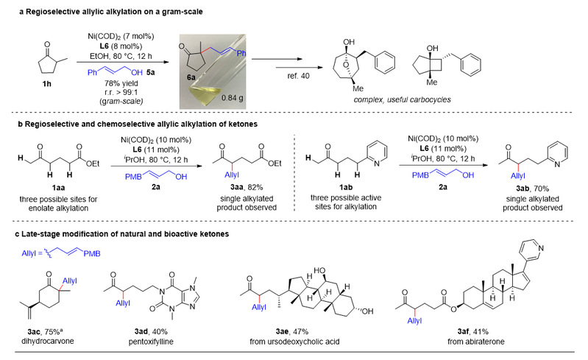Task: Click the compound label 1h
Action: pyautogui.click(x=46, y=84)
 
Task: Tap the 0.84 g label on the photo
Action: pyautogui.click(x=232, y=98)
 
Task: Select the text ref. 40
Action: pyautogui.click(x=299, y=76)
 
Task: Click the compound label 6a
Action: pyautogui.click(x=191, y=77)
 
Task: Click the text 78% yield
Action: pyautogui.click(x=121, y=83)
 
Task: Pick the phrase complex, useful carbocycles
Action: pyautogui.click(x=402, y=99)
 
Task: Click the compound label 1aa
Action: pyautogui.click(x=58, y=188)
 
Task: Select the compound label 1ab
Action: pyautogui.click(x=346, y=187)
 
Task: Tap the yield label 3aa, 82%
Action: pyautogui.click(x=247, y=187)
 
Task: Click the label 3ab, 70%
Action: pyautogui.click(x=533, y=188)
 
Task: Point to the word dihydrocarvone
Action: pyautogui.click(x=47, y=342)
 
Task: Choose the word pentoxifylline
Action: pyautogui.click(x=151, y=342)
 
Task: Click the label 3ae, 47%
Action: pyautogui.click(x=292, y=331)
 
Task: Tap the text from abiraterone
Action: pyautogui.click(x=476, y=342)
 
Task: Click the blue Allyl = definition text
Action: pyautogui.click(x=61, y=253)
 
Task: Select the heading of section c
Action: pyautogui.click(x=122, y=234)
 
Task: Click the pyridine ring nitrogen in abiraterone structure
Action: pyautogui.click(x=540, y=248)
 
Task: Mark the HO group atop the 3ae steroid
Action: pyautogui.click(x=319, y=270)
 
